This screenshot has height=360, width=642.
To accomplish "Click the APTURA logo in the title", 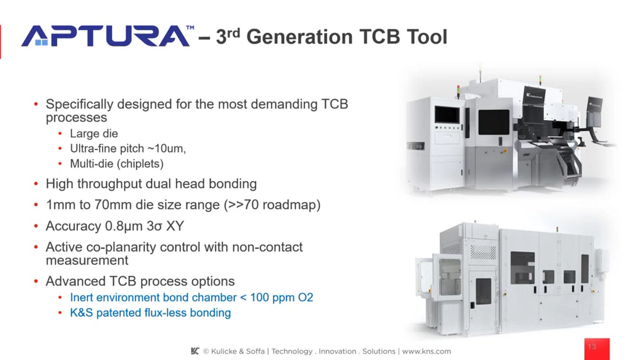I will coord(106,36).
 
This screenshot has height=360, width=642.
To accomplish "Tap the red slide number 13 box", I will coord(597,348).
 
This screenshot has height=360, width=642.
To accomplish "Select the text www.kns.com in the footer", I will coord(426,352).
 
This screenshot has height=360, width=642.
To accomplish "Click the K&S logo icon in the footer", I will coord(195,351).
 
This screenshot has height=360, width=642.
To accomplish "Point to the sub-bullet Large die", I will coord(94,133).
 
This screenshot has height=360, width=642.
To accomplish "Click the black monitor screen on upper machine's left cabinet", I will coord(447,114).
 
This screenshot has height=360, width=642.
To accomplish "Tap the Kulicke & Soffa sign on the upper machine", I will coord(535,94).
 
